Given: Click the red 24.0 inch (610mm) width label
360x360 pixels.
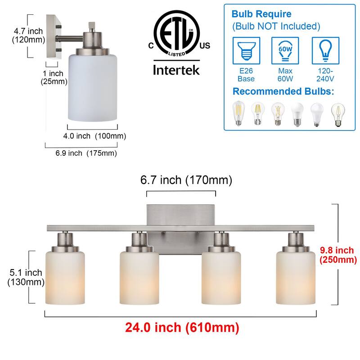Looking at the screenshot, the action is pos(182,328).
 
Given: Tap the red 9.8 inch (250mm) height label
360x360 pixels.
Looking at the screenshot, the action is pos(338,255).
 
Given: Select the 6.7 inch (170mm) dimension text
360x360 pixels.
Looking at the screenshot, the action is pos(186,180).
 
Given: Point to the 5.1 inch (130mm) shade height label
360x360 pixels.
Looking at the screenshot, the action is pos(26,277).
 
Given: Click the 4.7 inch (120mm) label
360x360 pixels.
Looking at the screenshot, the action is pos(28,36).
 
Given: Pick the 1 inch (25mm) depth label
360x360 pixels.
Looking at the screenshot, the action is pos(54,77).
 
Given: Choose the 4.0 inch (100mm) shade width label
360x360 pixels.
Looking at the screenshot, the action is pos(94,136).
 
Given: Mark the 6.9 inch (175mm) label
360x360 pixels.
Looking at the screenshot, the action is pos(86,153).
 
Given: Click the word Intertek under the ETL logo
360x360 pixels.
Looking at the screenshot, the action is pos(176,70).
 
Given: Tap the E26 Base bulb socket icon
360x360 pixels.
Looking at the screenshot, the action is pos(246,50).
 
